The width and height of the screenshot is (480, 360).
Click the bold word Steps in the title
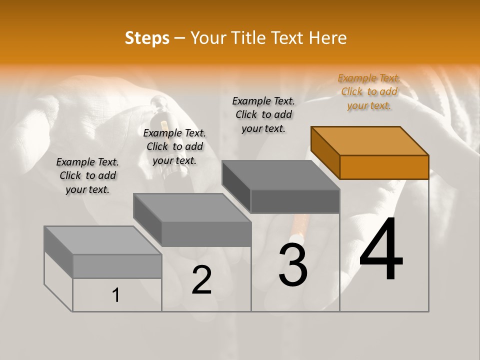point(147,38)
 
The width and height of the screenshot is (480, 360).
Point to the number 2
point(201,280)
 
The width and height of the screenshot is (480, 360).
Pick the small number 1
point(116,295)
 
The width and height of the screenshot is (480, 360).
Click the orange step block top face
point(370,140)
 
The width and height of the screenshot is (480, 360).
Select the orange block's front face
point(384,167)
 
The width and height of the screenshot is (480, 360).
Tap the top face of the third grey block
point(280,175)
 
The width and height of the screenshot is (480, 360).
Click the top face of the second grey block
point(192,207)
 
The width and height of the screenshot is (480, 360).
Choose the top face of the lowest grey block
point(102,240)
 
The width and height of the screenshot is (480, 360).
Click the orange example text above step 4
point(369,91)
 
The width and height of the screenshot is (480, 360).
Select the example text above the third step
point(263,114)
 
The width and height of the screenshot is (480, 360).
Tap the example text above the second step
point(174,146)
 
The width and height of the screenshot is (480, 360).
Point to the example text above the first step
point(87,175)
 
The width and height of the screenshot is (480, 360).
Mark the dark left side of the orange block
point(325,152)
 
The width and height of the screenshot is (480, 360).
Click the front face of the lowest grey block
point(117,266)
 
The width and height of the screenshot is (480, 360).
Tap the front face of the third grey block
point(295,201)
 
